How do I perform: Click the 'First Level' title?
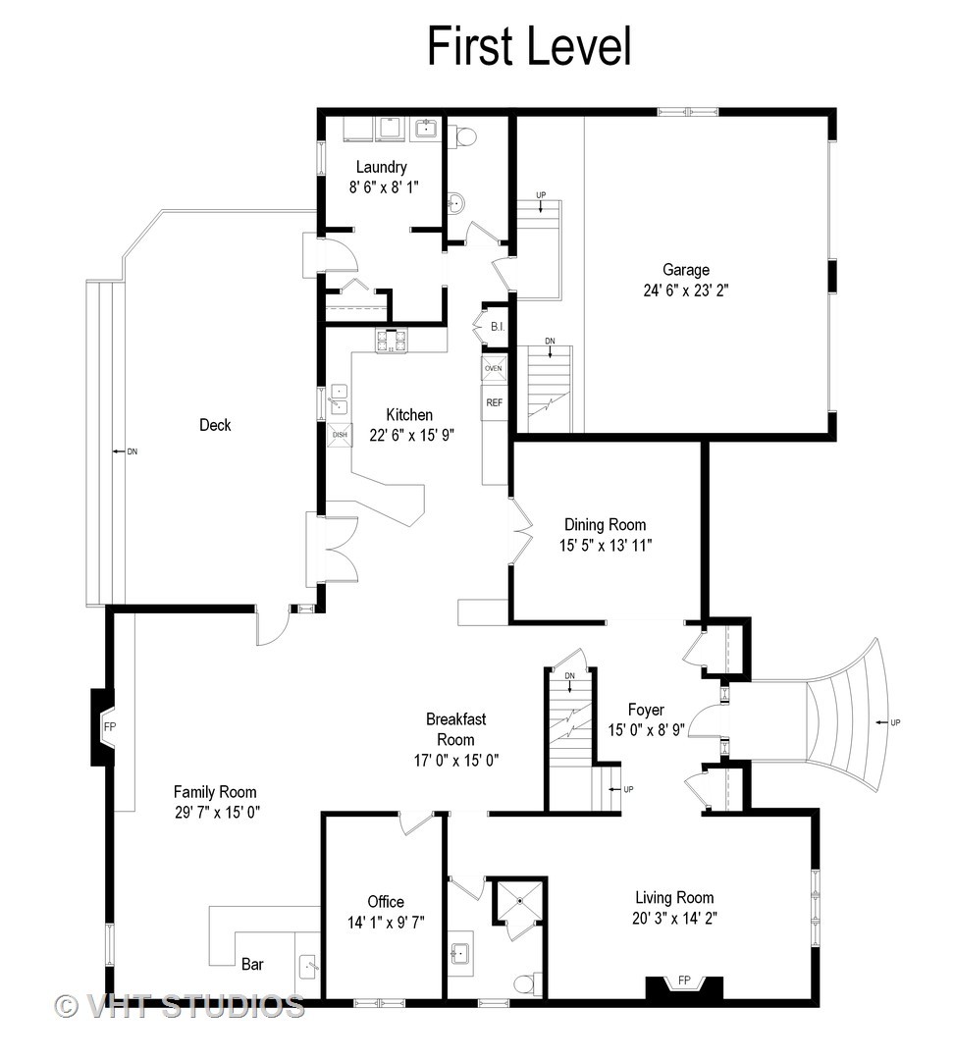(x=529, y=46)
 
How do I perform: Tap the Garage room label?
(x=686, y=270)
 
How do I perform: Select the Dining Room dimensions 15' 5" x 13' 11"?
(x=606, y=546)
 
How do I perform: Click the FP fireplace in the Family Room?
(x=110, y=726)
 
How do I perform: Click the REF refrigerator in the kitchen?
(x=495, y=402)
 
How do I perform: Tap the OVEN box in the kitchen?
(x=494, y=368)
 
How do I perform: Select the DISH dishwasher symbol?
(x=340, y=435)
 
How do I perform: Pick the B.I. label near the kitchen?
(x=498, y=327)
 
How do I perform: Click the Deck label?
(x=215, y=425)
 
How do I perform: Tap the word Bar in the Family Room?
(x=252, y=964)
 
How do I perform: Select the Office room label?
(x=386, y=902)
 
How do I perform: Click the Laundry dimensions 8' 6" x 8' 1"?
(x=384, y=187)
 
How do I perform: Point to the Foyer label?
(x=646, y=710)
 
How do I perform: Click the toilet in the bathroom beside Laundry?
(x=463, y=135)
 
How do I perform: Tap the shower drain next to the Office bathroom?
(x=519, y=900)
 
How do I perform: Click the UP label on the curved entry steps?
(x=895, y=722)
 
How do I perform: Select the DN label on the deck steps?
(x=132, y=451)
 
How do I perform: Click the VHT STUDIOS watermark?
(x=180, y=1006)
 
